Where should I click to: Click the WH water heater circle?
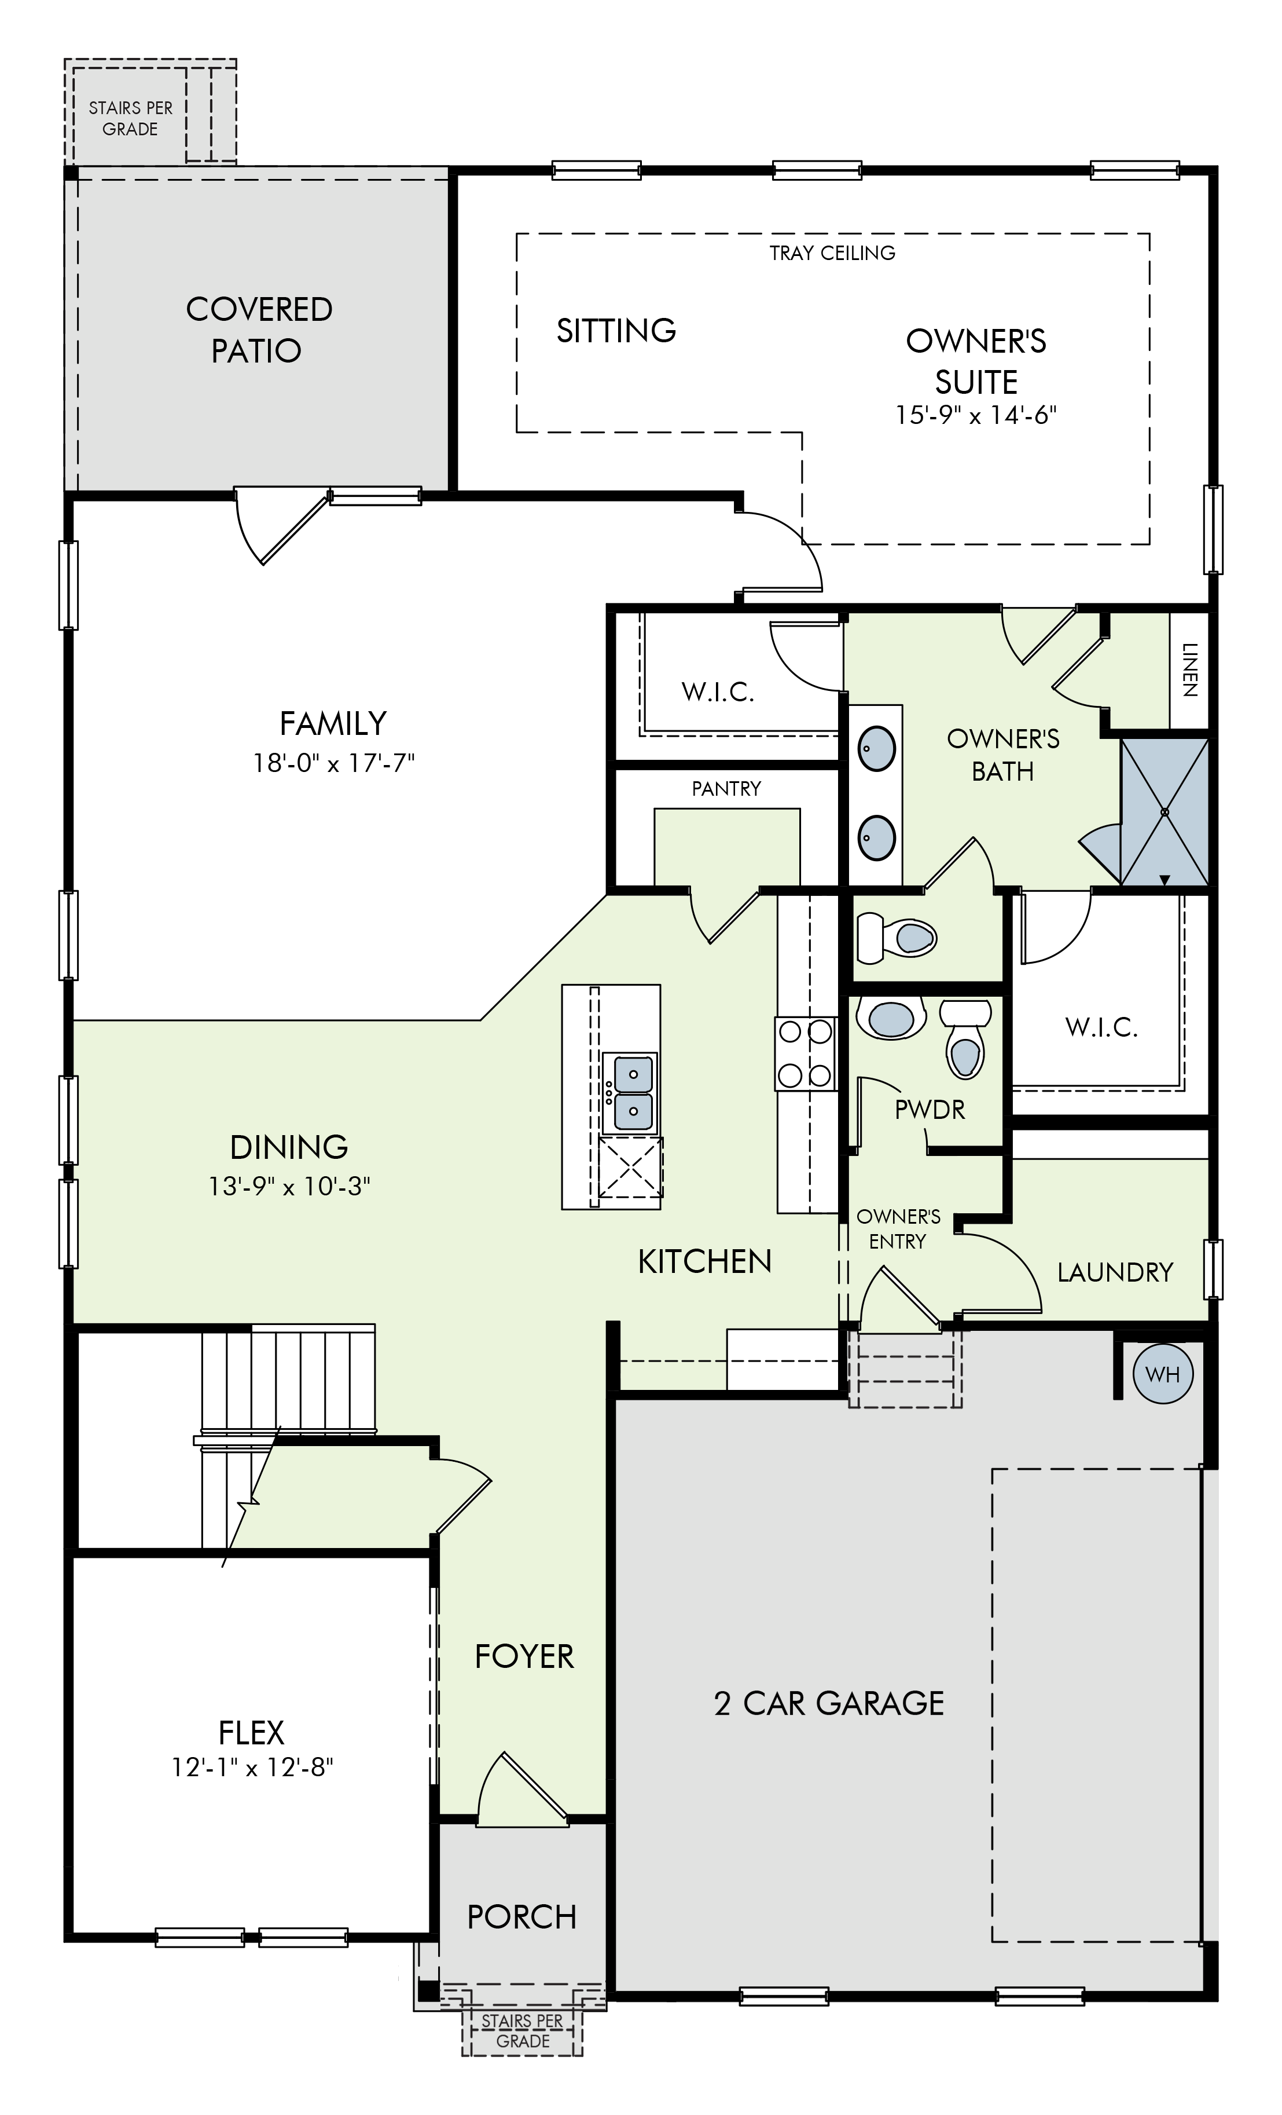1163,1374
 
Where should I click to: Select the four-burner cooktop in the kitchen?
806,1053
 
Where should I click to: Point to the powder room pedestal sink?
891,1019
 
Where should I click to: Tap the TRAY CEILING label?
832,253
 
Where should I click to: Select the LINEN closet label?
1189,669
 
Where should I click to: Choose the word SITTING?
616,331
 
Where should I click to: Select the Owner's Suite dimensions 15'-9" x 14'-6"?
976,415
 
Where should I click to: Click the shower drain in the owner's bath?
1165,811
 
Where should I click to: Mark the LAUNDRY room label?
1115,1272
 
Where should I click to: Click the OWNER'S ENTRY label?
898,1228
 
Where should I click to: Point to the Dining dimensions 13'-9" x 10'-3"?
289,1186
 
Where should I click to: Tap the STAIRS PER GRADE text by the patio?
130,119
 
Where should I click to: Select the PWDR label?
930,1109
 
